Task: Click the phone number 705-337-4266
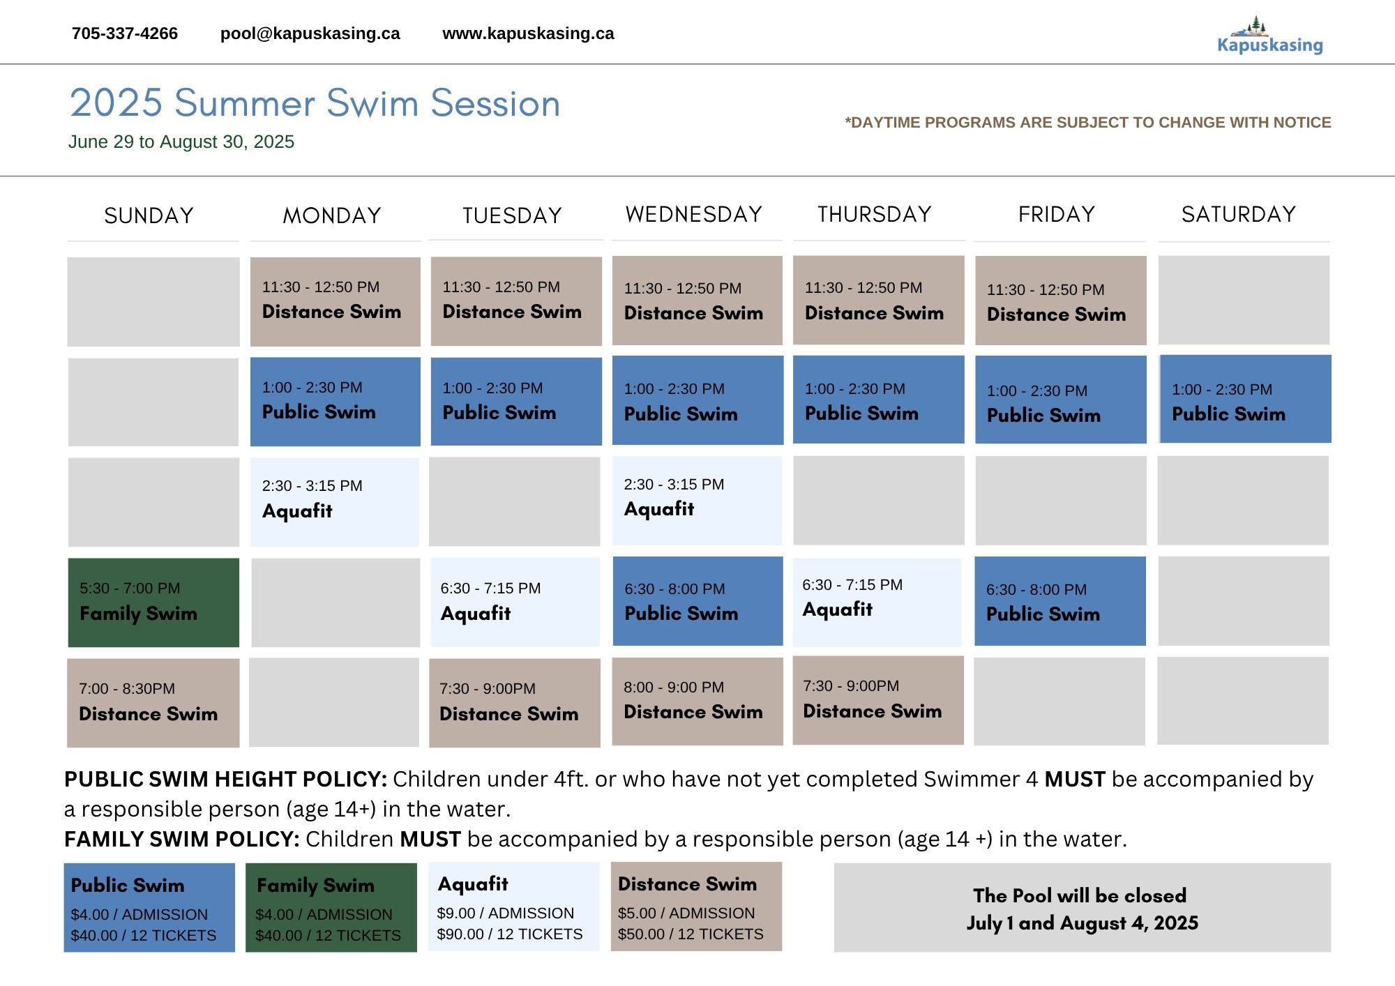pyautogui.click(x=125, y=33)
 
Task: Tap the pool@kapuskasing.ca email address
pyautogui.click(x=310, y=33)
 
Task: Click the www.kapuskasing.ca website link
pyautogui.click(x=528, y=33)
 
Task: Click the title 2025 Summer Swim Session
pyautogui.click(x=315, y=103)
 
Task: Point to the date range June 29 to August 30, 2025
pyautogui.click(x=181, y=142)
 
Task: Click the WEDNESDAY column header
pyautogui.click(x=694, y=214)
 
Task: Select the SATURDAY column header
pyautogui.click(x=1239, y=214)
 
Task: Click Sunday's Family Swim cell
pyautogui.click(x=153, y=602)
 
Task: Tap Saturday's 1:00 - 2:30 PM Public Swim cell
pyautogui.click(x=1246, y=399)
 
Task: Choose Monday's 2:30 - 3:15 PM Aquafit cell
pyautogui.click(x=335, y=501)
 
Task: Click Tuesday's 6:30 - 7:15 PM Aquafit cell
pyautogui.click(x=515, y=602)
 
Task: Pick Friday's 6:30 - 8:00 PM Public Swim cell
pyautogui.click(x=1060, y=601)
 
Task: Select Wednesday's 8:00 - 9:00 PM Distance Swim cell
pyautogui.click(x=697, y=701)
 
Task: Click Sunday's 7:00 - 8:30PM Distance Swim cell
pyautogui.click(x=153, y=703)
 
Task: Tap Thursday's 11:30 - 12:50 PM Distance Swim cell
pyautogui.click(x=879, y=300)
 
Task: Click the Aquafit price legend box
pyautogui.click(x=514, y=907)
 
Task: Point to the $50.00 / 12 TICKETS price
pyautogui.click(x=691, y=934)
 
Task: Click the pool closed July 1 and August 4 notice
pyautogui.click(x=1083, y=908)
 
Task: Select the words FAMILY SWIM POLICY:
pyautogui.click(x=182, y=839)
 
